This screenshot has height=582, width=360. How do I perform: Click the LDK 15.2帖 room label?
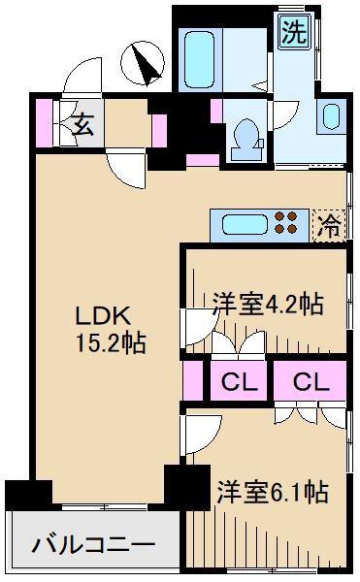pyautogui.click(x=111, y=330)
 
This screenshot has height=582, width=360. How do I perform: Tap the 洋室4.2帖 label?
pyautogui.click(x=268, y=304)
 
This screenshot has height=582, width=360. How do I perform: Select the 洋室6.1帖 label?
pyautogui.click(x=273, y=492)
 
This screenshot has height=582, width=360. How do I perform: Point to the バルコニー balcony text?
pyautogui.click(x=93, y=545)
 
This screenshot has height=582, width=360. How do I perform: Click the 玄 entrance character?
pyautogui.click(x=82, y=125)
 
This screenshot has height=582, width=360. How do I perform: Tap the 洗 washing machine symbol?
pyautogui.click(x=294, y=32)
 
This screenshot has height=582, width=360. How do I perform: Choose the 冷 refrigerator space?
pyautogui.click(x=330, y=226)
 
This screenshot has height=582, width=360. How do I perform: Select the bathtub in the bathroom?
pyautogui.click(x=200, y=60)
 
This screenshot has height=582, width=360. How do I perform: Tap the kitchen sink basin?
pyautogui.click(x=244, y=225)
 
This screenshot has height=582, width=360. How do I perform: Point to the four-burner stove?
pyautogui.click(x=286, y=222)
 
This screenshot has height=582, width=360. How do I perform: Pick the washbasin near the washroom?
pyautogui.click(x=331, y=116)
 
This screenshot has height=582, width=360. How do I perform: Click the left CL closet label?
pyautogui.click(x=240, y=382)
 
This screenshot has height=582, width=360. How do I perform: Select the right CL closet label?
pyautogui.click(x=311, y=381)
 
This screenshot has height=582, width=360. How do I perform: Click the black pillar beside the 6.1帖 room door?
pyautogui.click(x=187, y=487)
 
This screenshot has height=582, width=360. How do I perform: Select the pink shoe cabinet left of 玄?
pyautogui.click(x=45, y=123)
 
